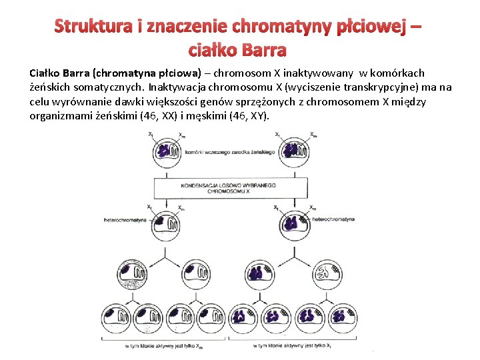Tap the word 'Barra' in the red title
[265, 50]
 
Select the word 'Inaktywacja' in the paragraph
[177, 87]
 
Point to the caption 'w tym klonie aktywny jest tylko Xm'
[164, 347]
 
